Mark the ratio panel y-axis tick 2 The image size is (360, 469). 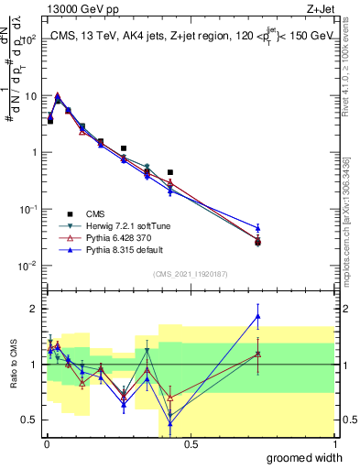coord(36,309)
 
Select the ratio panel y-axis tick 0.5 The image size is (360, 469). coord(32,420)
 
